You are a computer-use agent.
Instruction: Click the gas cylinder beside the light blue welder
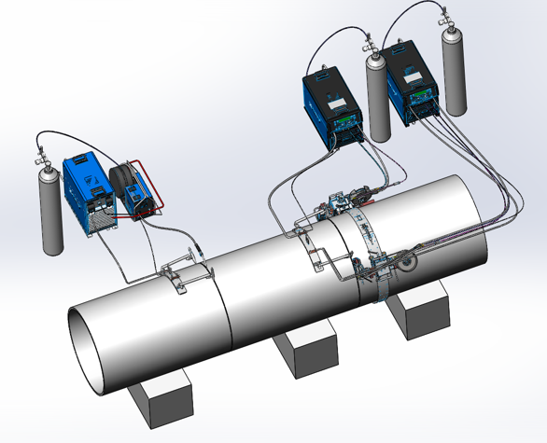pos(52,210)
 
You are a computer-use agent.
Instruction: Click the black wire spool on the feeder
pos(123,180)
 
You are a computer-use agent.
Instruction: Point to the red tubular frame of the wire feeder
pos(157,187)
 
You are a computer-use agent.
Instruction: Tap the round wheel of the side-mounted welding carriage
pos(406,265)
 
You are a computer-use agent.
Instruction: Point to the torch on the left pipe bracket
pos(202,253)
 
